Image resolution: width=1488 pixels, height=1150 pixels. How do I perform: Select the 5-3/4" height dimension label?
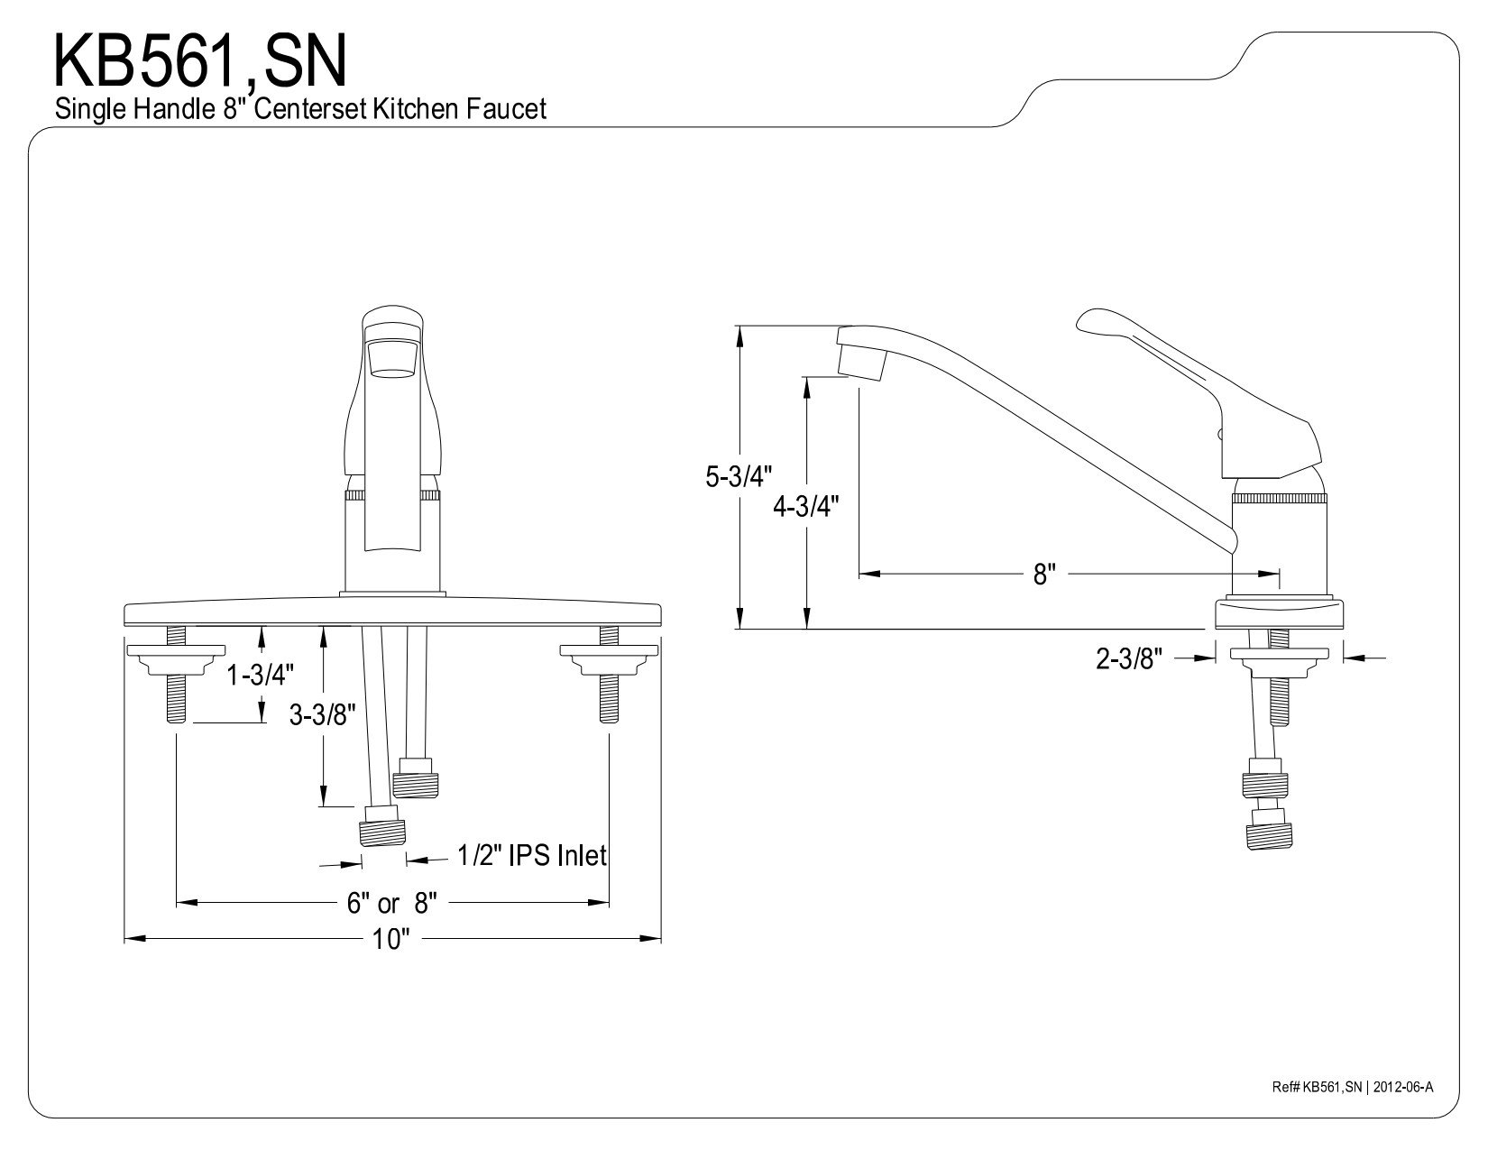click(x=739, y=476)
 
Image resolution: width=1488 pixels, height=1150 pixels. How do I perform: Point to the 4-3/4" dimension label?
click(x=806, y=506)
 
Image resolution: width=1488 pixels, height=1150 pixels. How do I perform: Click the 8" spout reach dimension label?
click(x=1043, y=574)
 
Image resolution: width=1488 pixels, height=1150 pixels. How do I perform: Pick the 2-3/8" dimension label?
click(x=1129, y=659)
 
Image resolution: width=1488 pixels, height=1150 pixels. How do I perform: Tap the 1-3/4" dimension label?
click(x=261, y=676)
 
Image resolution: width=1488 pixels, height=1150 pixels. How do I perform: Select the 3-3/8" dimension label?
click(x=323, y=715)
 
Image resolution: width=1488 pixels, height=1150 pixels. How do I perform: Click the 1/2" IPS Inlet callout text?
click(x=532, y=855)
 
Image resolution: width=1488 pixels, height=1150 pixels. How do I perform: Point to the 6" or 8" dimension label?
click(x=391, y=904)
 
